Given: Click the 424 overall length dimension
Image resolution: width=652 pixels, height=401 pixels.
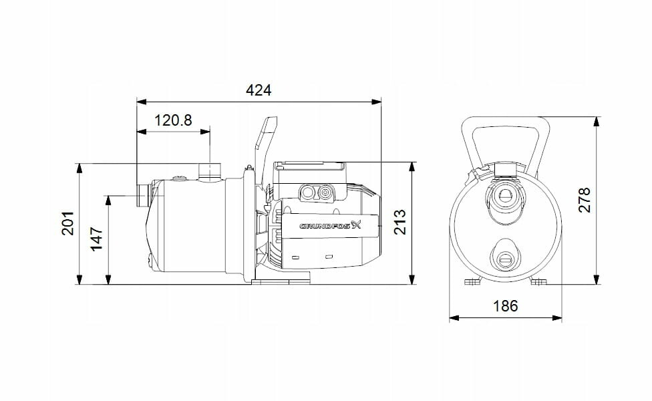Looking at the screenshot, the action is tap(259, 90).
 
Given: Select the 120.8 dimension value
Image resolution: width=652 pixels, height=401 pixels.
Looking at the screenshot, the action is tap(173, 120).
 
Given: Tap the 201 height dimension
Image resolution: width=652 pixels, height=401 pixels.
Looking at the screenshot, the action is tap(67, 224).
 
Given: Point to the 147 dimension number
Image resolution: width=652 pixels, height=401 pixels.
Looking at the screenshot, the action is tap(97, 239).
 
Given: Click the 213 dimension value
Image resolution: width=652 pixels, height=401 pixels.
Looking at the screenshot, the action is tap(399, 222).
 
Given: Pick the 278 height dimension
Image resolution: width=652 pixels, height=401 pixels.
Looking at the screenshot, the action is tap(585, 200).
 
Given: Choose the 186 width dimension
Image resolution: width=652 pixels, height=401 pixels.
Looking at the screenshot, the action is tap(506, 306).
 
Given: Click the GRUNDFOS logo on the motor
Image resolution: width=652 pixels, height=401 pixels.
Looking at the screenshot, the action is tap(331, 226).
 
